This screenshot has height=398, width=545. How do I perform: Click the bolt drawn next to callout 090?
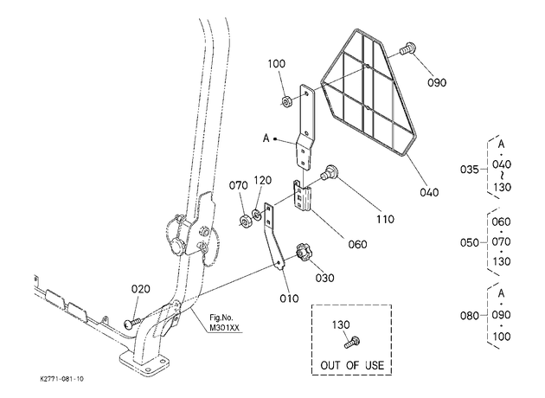coord(407,48)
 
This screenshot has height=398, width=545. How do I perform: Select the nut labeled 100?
coord(286,102)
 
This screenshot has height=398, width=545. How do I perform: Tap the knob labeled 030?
coord(303,252)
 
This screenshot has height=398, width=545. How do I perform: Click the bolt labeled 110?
coord(330,172)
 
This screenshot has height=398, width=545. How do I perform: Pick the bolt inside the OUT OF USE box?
coord(352,342)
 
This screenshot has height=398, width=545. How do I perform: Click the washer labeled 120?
coord(257,214)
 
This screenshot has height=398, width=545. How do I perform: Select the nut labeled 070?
coord(245,221)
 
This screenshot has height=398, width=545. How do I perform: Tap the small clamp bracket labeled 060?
coord(303,196)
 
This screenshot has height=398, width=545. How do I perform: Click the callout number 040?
coord(429,192)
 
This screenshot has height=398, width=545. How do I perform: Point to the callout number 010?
coord(289,298)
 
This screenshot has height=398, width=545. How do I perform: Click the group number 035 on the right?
coord(470,170)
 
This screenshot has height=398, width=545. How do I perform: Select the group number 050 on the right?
coord(470,242)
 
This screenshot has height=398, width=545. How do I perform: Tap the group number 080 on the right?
coord(470,316)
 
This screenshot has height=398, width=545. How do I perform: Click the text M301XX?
coord(224,327)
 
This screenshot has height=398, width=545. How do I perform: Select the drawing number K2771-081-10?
coord(62,379)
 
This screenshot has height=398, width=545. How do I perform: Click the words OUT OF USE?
coord(352,365)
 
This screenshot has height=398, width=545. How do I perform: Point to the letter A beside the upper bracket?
coord(266,138)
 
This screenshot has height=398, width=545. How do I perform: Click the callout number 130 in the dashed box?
coord(341,325)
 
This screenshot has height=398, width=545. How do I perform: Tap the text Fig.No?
coord(221,318)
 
